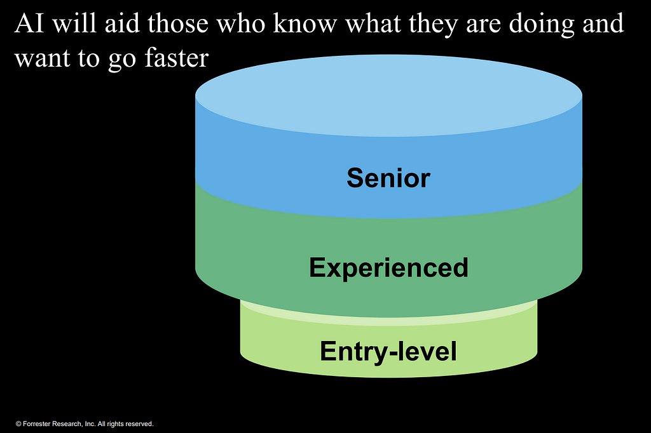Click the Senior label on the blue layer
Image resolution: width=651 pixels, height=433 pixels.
[x=388, y=178]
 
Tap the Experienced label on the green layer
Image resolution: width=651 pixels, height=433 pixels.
[x=388, y=267]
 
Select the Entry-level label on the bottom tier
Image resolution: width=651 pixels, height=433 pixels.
[x=388, y=351]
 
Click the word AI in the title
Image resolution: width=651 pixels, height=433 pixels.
[x=29, y=23]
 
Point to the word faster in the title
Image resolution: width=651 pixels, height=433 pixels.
[x=177, y=58]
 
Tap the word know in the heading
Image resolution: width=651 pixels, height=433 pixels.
[x=305, y=23]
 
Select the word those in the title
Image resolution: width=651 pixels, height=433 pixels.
[x=178, y=23]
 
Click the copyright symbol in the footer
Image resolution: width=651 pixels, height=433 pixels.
[x=18, y=424]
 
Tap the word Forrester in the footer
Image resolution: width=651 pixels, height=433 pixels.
[x=36, y=424]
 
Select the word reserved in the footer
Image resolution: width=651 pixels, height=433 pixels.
[x=139, y=424]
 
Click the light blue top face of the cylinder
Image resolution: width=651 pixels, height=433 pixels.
[x=388, y=96]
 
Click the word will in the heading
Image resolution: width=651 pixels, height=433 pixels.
[x=75, y=23]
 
